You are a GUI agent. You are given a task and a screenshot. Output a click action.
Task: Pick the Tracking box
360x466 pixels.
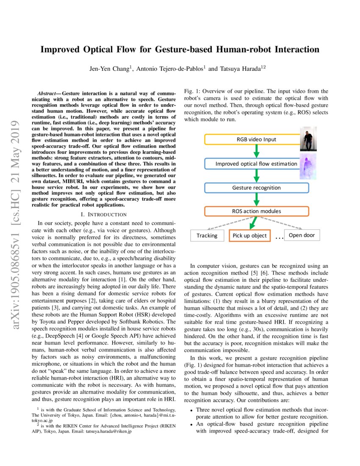207,235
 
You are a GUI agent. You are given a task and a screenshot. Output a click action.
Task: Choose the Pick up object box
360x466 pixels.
249,235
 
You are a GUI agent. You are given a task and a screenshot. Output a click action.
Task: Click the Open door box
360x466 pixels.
302,235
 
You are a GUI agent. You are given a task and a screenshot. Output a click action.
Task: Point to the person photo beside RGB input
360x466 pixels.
308,139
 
